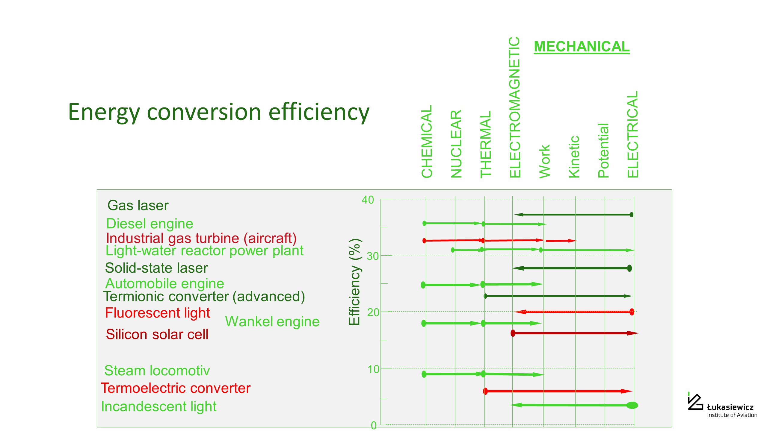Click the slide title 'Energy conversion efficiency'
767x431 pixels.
(x=219, y=112)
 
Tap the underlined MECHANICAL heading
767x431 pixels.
(x=582, y=47)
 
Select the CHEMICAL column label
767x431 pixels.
(x=427, y=142)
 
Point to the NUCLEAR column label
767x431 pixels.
(x=456, y=144)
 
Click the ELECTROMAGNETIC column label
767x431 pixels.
(x=515, y=107)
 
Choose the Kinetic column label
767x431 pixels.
(x=574, y=157)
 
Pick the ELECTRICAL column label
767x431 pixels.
(x=633, y=134)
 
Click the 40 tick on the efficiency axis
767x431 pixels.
(x=368, y=200)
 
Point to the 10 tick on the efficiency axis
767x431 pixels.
(x=373, y=369)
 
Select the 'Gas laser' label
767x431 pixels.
(x=138, y=206)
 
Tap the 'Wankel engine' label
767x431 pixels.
(x=272, y=322)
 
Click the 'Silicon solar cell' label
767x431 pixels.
(x=157, y=334)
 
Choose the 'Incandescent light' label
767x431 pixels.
(x=159, y=406)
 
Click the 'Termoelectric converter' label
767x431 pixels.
(x=176, y=388)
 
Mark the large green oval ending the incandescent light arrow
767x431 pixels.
(x=632, y=405)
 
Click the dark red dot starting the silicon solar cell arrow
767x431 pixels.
(x=513, y=333)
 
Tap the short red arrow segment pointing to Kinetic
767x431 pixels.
(x=560, y=241)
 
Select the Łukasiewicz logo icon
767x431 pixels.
(x=695, y=402)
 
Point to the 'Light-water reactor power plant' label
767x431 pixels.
(x=204, y=251)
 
